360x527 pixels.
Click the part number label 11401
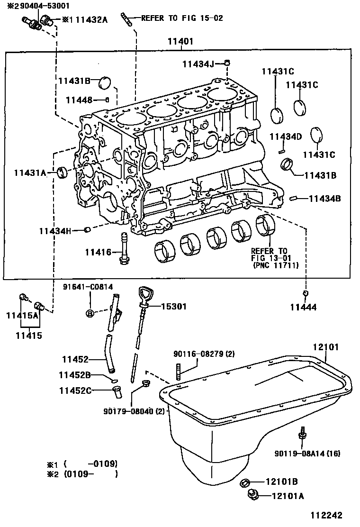point(180,41)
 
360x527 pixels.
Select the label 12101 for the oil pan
point(325,347)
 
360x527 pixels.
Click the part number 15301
point(174,307)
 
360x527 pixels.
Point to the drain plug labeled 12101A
point(252,495)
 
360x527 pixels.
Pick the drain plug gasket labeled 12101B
point(245,483)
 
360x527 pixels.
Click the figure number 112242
point(326,515)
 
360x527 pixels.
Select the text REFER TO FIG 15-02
point(182,18)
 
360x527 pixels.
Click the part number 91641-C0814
point(89,287)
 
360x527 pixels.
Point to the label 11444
point(303,307)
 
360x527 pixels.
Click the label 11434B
point(324,199)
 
